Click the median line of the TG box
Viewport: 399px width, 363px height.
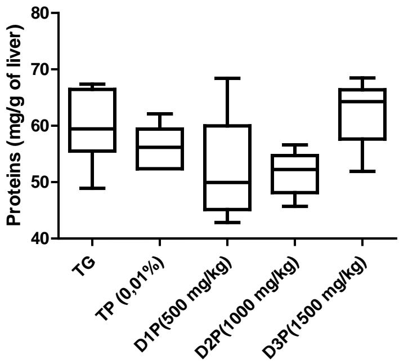(x=92, y=129)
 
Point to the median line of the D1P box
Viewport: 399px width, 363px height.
(x=227, y=182)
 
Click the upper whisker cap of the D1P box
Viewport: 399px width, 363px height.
(x=227, y=78)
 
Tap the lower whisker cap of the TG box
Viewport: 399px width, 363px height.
(x=92, y=188)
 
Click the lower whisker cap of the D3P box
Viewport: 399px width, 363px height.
(x=361, y=171)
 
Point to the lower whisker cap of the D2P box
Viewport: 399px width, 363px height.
(x=294, y=206)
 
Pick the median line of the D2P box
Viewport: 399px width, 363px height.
(x=294, y=169)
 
